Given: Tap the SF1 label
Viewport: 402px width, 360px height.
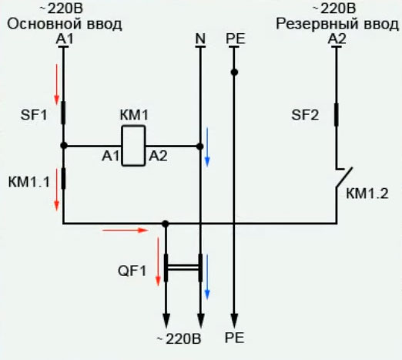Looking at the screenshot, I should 35,116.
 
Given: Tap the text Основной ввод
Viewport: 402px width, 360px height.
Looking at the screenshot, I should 65,24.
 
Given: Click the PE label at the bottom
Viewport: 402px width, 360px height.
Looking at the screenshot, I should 235,338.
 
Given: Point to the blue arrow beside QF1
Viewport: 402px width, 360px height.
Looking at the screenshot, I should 207,285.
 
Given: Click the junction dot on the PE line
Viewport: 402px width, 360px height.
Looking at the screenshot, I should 235,72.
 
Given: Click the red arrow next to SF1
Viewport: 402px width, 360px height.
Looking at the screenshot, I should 55,86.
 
